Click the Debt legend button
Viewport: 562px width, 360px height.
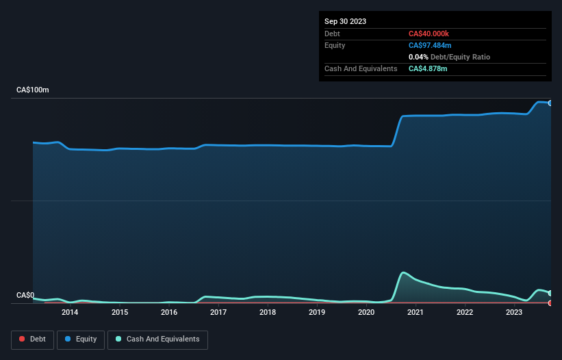pyautogui.click(x=33, y=339)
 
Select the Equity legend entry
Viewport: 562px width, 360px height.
pyautogui.click(x=80, y=339)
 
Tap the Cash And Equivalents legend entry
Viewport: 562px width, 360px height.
pyautogui.click(x=157, y=339)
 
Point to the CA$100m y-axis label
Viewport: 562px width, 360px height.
pyautogui.click(x=33, y=90)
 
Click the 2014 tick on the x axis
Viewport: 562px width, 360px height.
pyautogui.click(x=69, y=313)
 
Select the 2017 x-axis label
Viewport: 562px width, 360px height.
pyautogui.click(x=218, y=313)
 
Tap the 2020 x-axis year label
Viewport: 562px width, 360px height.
pyautogui.click(x=366, y=313)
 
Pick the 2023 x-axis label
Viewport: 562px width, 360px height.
pyautogui.click(x=514, y=313)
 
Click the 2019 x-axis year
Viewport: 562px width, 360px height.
pyautogui.click(x=317, y=313)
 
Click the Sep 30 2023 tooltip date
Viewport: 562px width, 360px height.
pyautogui.click(x=345, y=21)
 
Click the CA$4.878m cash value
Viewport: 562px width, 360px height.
pyautogui.click(x=428, y=68)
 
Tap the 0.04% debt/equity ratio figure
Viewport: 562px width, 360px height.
pyautogui.click(x=418, y=57)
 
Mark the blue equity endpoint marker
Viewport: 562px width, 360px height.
pyautogui.click(x=550, y=103)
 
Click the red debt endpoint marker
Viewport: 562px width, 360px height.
pyautogui.click(x=550, y=303)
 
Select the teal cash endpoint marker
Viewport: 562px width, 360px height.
pyautogui.click(x=550, y=293)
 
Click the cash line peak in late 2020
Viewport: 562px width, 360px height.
pyautogui.click(x=404, y=272)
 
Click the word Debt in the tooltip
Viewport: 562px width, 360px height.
pyautogui.click(x=333, y=34)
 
